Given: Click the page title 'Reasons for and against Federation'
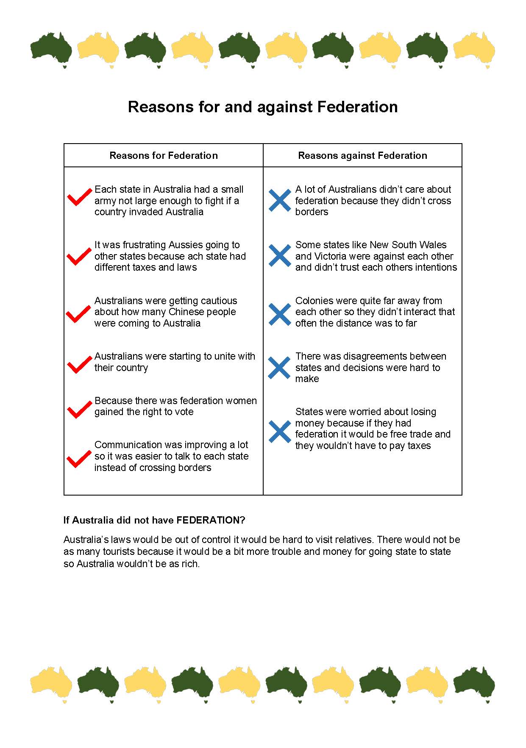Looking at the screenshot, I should click(x=263, y=107).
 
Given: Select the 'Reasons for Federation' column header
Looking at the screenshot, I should click(x=164, y=155).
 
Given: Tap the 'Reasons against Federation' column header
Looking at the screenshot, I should click(x=362, y=155).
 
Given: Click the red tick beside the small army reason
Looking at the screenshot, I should click(x=79, y=197).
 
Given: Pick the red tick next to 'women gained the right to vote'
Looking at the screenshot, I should click(x=79, y=409).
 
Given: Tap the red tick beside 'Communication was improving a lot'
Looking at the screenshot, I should click(x=79, y=459).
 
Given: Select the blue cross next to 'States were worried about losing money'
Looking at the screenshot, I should click(x=280, y=432).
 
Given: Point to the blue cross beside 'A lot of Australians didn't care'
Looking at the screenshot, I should click(x=280, y=200).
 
